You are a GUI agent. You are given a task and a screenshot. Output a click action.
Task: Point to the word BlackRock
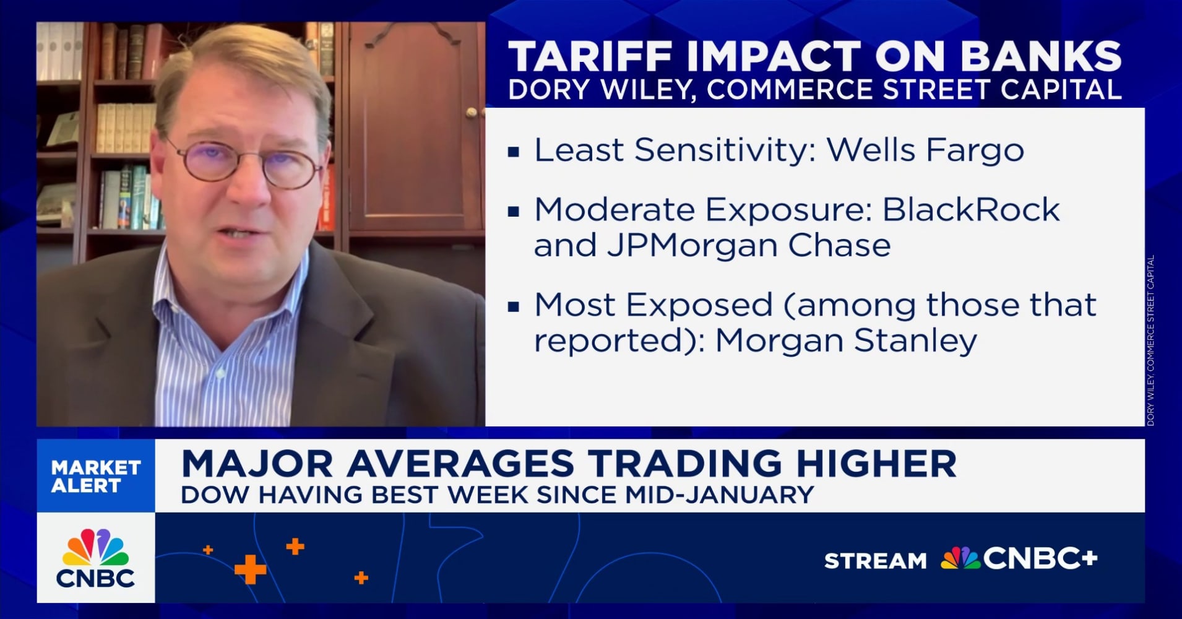[970, 210]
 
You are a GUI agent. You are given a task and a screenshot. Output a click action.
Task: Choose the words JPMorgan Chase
[748, 246]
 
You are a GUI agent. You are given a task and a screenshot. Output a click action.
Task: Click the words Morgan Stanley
[846, 340]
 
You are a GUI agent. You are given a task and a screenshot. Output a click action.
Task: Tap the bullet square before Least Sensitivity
[513, 152]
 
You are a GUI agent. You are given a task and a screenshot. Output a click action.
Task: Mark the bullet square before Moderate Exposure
[513, 212]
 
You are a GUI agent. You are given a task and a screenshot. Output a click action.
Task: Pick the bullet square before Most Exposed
[513, 306]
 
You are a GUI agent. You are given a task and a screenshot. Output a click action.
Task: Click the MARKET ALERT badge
[96, 476]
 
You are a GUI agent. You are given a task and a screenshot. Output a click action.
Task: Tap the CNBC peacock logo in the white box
[96, 548]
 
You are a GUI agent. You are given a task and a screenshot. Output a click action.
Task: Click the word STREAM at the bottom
[875, 561]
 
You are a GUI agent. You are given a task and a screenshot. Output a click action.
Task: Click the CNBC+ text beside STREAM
[1040, 558]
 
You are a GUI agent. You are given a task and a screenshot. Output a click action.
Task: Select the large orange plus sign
[250, 569]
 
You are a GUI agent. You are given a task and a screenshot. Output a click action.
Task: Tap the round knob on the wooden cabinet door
[472, 113]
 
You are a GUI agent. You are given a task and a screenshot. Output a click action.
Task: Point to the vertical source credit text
[1150, 340]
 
